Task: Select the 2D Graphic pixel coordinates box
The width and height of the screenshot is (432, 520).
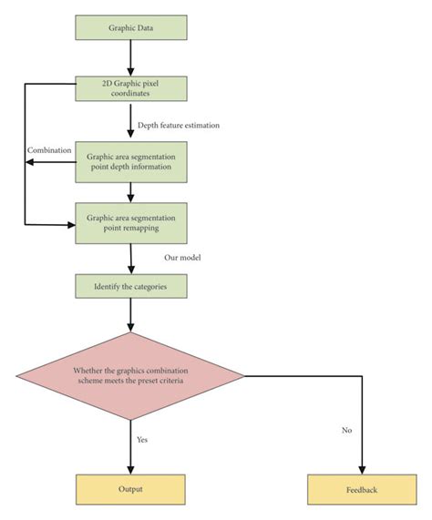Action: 132,87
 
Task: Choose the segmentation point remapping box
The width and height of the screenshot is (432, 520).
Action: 132,224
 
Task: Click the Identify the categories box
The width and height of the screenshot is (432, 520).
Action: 132,287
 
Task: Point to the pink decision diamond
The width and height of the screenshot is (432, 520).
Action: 132,375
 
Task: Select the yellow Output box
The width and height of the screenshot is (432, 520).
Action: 132,489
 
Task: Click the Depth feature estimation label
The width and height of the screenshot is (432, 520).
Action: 180,125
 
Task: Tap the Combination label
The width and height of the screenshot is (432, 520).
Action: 49,148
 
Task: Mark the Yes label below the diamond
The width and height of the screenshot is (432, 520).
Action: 143,439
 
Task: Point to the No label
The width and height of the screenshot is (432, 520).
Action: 346,430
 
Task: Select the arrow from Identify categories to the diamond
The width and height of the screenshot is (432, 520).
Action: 132,315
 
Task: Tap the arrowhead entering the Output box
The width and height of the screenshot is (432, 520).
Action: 132,468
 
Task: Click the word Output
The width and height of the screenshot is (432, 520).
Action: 132,489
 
